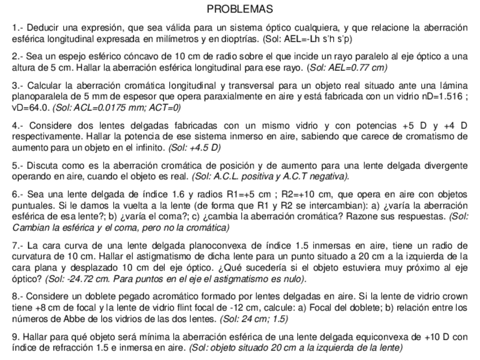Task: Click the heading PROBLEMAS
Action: [x=239, y=9]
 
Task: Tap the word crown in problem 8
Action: [x=455, y=297]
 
